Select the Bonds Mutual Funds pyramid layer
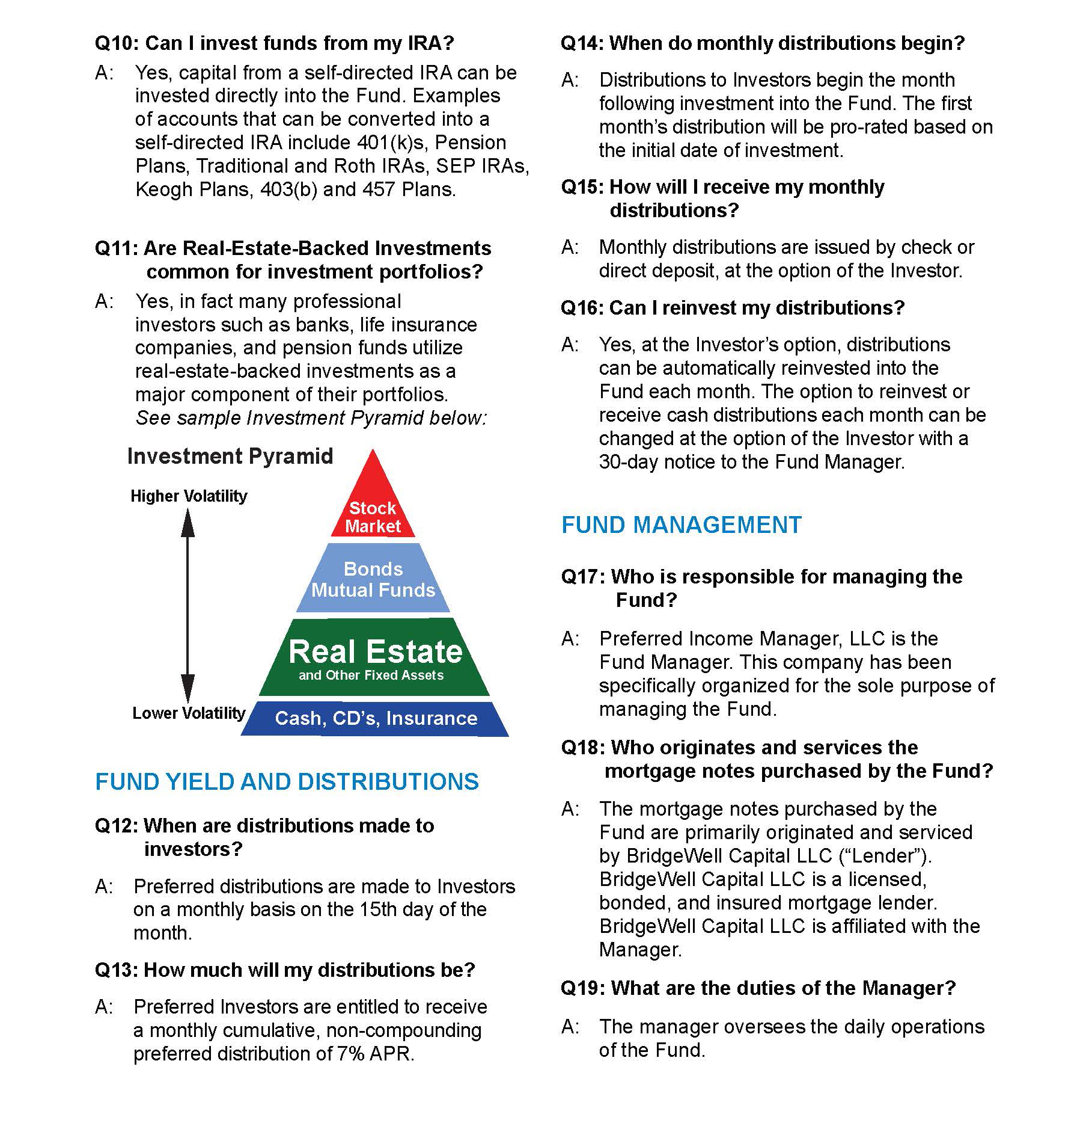pyautogui.click(x=373, y=579)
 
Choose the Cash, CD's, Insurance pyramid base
pyautogui.click(x=376, y=718)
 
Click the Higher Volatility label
pyautogui.click(x=189, y=496)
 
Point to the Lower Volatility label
pyautogui.click(x=189, y=713)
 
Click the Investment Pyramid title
pyautogui.click(x=230, y=456)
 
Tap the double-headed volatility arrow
pyautogui.click(x=188, y=605)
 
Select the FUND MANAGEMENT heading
pyautogui.click(x=682, y=525)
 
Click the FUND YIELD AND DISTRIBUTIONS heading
pyautogui.click(x=287, y=782)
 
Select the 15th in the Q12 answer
pyautogui.click(x=378, y=909)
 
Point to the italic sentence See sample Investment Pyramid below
pyautogui.click(x=311, y=418)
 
